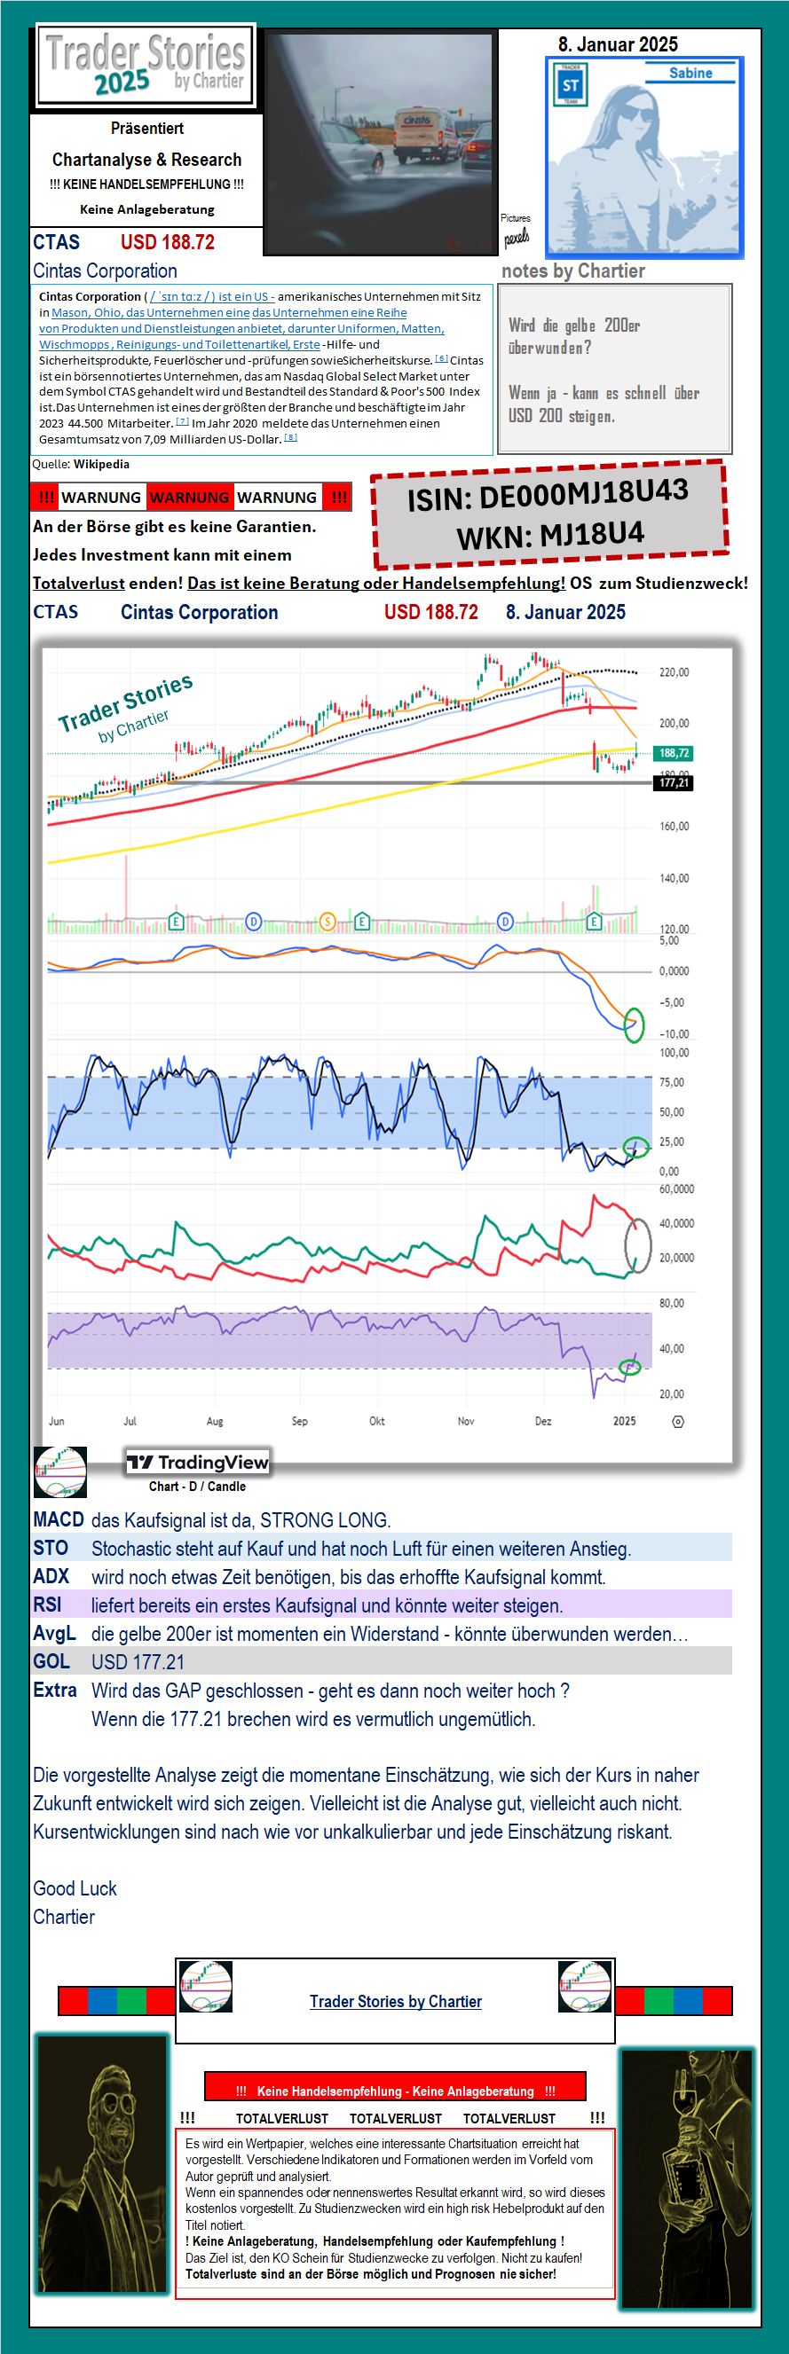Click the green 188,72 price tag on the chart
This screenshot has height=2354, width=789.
673,753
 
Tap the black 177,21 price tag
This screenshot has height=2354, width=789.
673,783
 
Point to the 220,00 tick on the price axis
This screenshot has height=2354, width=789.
674,672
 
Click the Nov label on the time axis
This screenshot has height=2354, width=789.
465,1421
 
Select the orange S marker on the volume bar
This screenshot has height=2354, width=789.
327,922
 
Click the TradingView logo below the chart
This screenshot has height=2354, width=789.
198,1462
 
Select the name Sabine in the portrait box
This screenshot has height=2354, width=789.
690,73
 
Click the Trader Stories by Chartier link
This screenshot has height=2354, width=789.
395,2001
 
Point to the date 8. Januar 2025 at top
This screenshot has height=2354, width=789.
618,43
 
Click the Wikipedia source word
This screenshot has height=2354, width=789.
101,464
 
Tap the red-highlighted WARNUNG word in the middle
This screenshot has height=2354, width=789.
189,497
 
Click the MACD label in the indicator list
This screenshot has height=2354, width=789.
59,1519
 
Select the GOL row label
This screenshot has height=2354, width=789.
51,1661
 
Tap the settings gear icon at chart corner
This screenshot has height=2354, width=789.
677,1421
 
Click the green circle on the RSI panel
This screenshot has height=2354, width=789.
630,1367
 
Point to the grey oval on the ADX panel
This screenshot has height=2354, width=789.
637,1244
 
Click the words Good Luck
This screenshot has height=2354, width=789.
75,1888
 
